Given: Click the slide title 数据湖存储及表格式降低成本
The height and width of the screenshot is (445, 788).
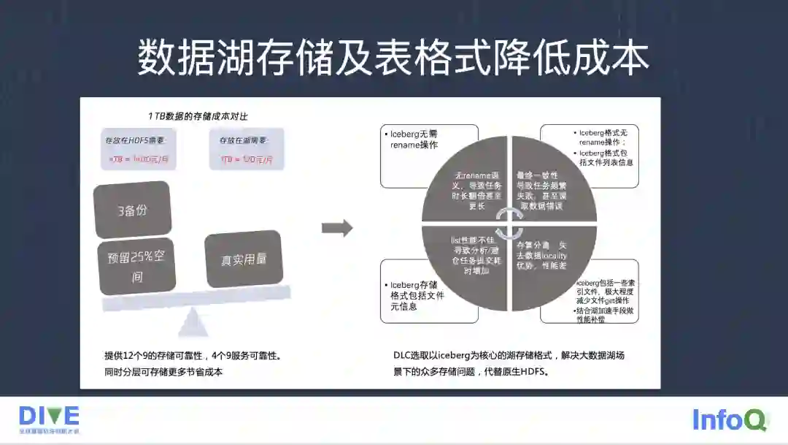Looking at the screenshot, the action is pos(393,58).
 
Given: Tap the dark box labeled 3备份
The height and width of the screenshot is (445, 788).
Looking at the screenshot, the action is pos(133,210).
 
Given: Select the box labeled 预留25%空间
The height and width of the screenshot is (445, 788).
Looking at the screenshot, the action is pos(136,267).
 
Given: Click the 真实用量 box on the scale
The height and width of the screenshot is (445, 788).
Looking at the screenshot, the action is pos(244,259).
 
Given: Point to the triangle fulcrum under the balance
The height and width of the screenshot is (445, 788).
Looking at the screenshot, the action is pos(192,322).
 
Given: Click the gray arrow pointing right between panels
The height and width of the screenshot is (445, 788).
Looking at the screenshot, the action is pos(336,228).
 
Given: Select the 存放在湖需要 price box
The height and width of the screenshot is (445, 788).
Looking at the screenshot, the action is pos(246,149).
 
